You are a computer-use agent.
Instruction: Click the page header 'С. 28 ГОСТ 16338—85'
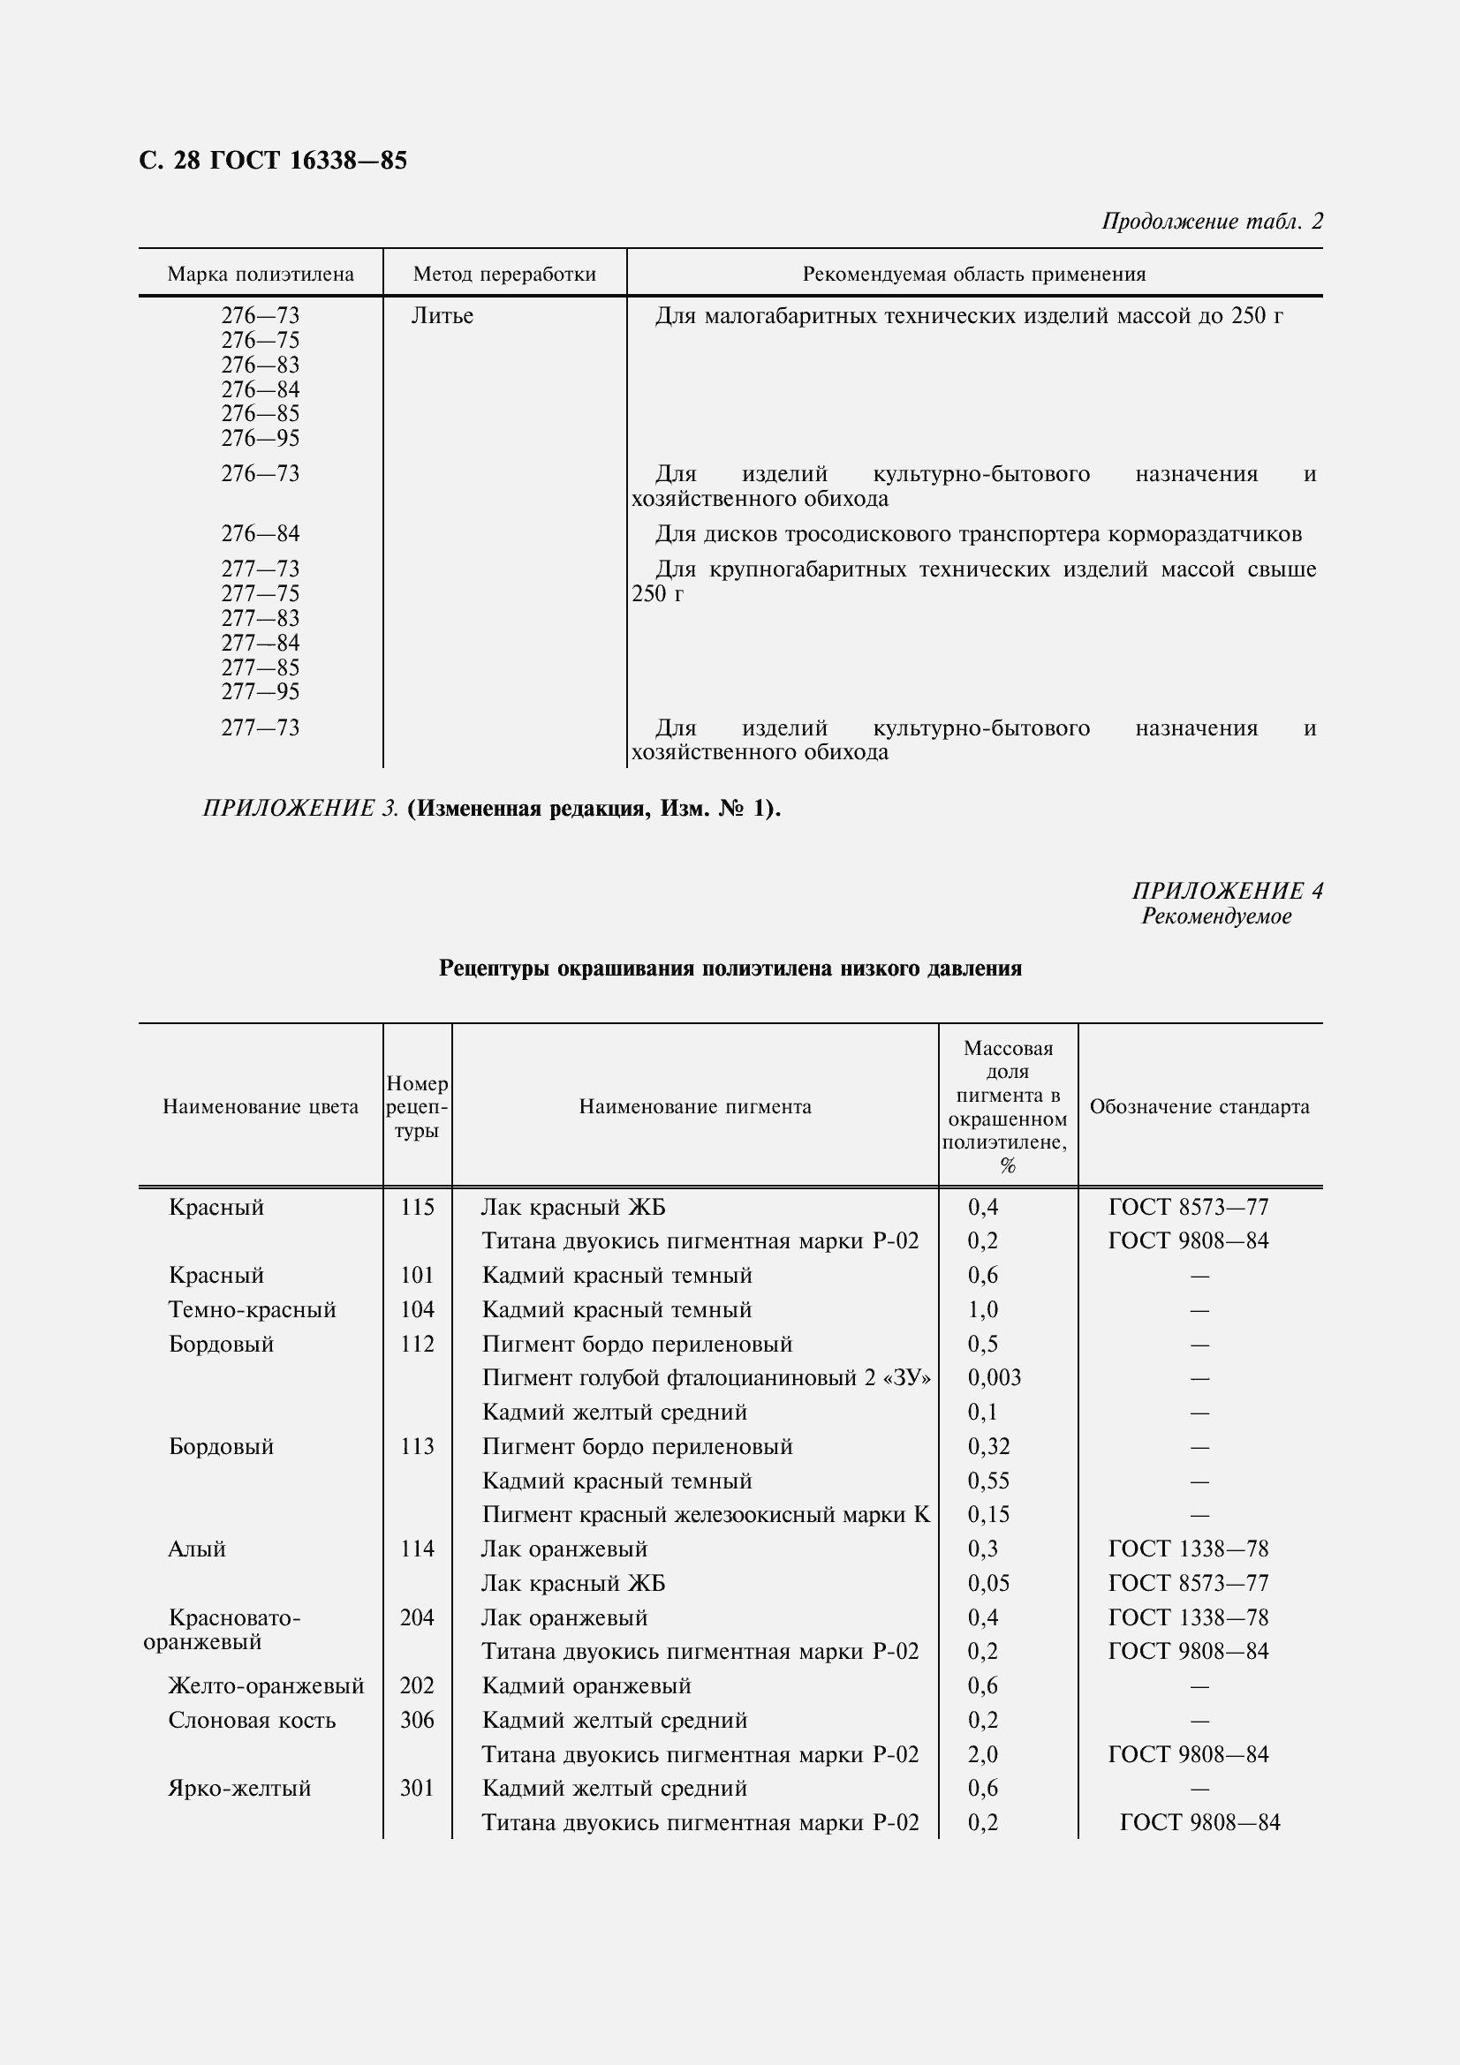click(273, 160)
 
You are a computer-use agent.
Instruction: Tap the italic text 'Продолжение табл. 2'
click(1212, 222)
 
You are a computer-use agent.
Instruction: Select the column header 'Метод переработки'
click(503, 275)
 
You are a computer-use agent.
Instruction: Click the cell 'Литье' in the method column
click(442, 317)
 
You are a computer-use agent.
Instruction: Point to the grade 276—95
click(260, 439)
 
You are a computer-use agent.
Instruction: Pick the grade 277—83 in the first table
click(260, 619)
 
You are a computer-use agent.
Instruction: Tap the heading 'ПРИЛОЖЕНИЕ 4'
click(1227, 891)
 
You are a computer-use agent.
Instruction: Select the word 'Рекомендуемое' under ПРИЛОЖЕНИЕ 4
click(1216, 916)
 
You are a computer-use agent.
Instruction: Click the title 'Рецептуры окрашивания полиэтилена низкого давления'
click(730, 968)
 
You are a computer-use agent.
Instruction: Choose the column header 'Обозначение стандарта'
click(1199, 1107)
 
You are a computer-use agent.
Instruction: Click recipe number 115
click(418, 1207)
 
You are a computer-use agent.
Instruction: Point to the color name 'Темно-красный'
click(252, 1309)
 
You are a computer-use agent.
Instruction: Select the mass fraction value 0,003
click(994, 1378)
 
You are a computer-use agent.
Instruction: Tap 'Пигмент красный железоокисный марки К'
click(705, 1515)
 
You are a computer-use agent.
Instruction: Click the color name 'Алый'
click(196, 1549)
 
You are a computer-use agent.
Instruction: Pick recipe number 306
click(418, 1720)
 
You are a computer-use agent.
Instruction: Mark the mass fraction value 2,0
click(982, 1754)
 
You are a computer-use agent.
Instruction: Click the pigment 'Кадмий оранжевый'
click(586, 1685)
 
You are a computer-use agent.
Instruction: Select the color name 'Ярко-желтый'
click(239, 1788)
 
